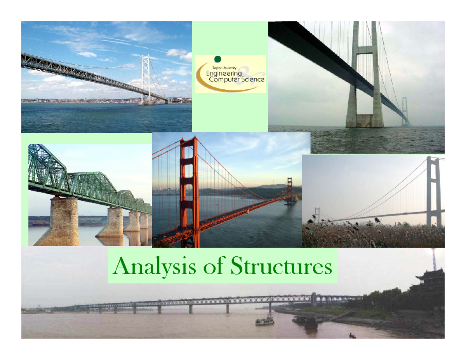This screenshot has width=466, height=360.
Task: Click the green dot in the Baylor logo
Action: click(x=218, y=59)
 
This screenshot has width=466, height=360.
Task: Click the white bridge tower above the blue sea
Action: click(x=146, y=80)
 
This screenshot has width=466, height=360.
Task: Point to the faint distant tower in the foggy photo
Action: click(x=405, y=111)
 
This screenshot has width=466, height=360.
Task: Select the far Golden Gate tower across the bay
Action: click(x=289, y=190)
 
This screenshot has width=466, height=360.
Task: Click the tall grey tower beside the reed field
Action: click(x=433, y=190)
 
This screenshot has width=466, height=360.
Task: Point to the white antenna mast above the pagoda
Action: click(x=434, y=258)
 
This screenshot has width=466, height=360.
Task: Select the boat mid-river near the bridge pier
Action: click(x=264, y=321)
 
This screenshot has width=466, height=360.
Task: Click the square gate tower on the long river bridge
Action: click(x=314, y=298)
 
